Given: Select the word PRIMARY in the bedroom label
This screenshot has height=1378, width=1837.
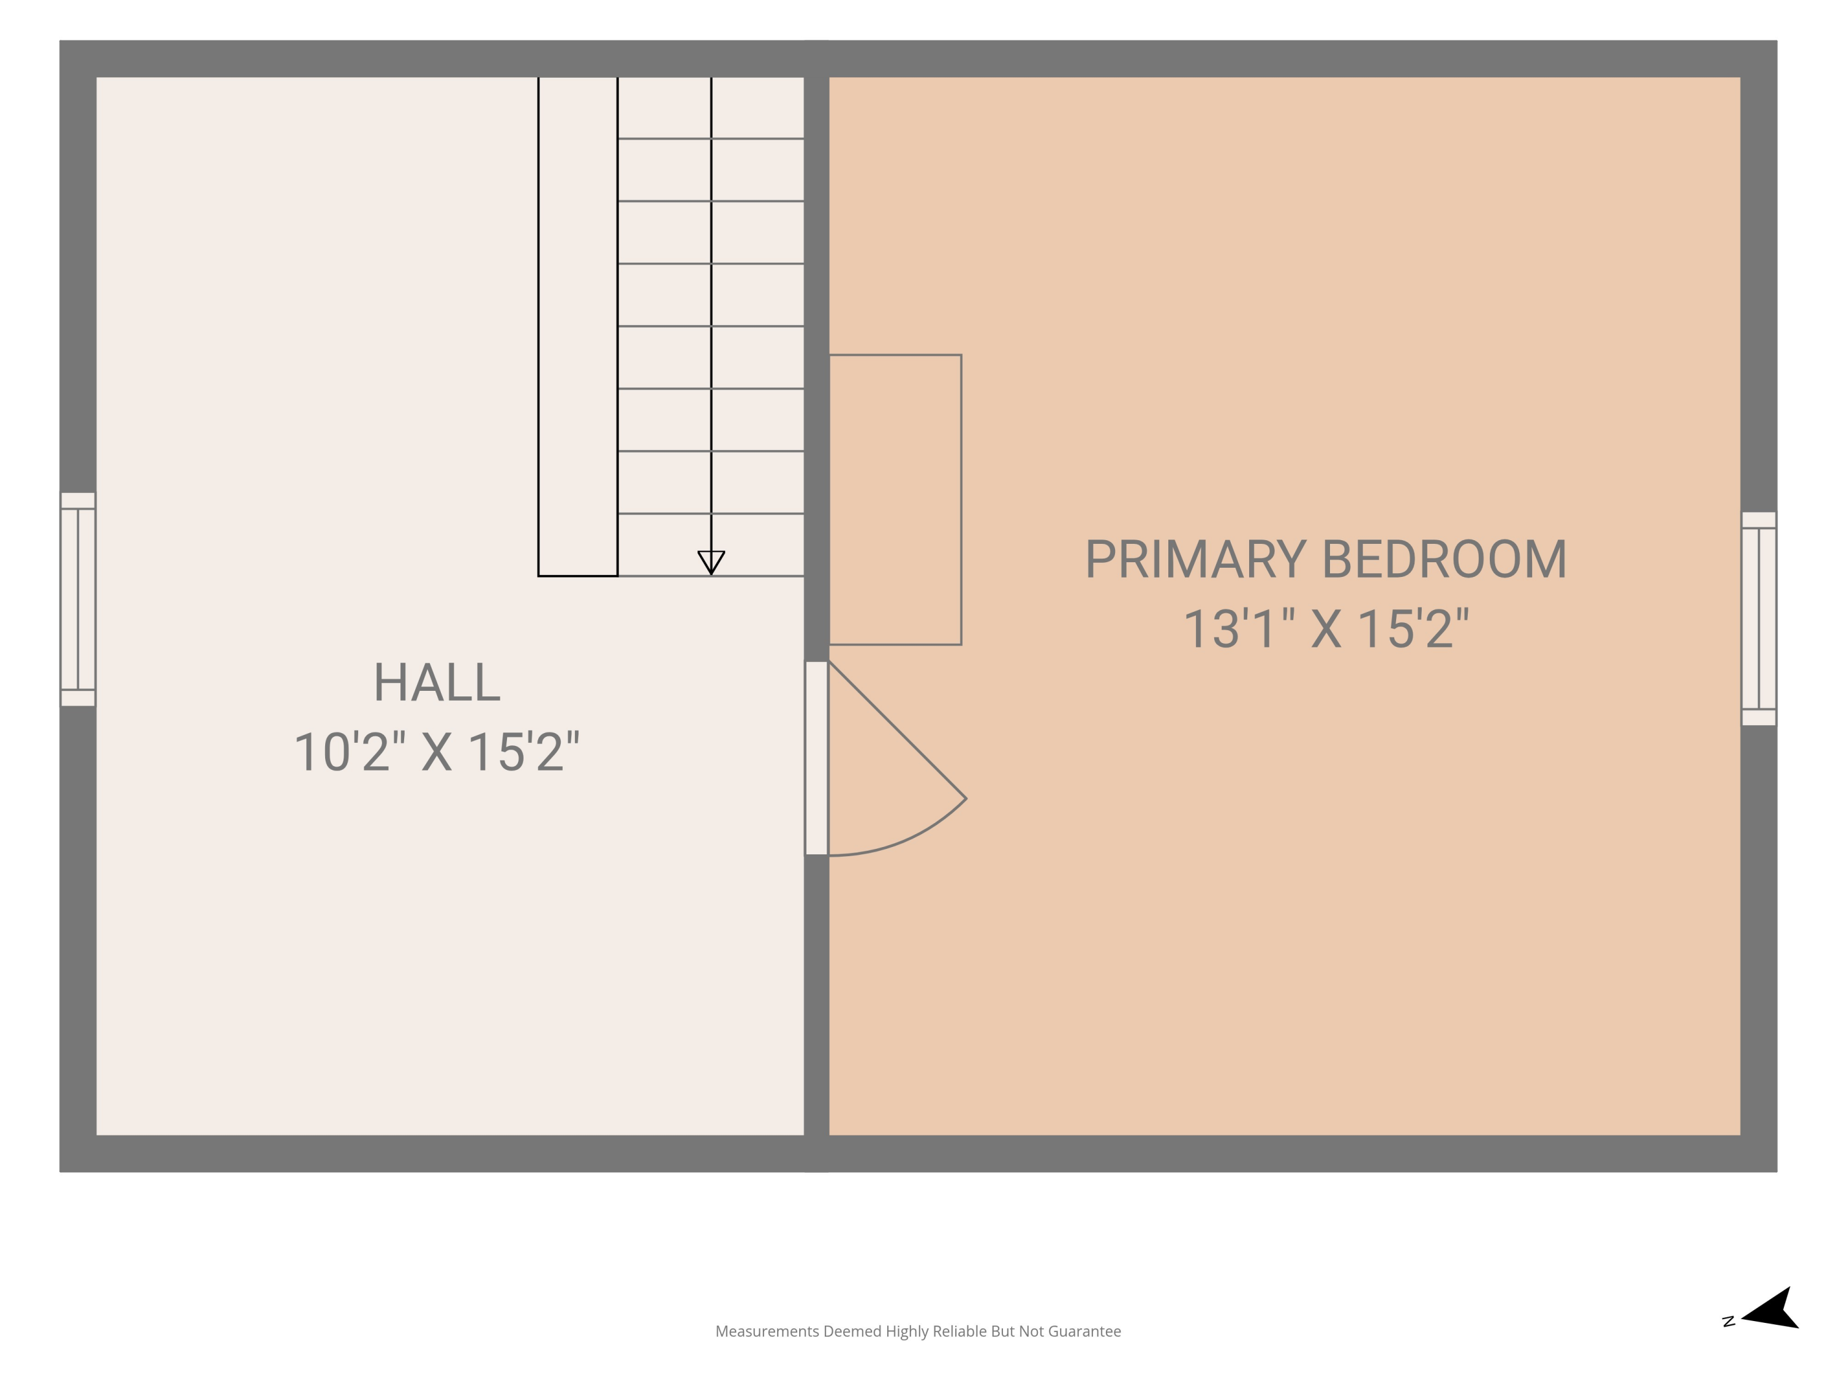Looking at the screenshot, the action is pyautogui.click(x=1196, y=559).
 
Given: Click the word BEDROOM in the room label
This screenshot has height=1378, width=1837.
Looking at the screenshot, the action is pyautogui.click(x=1444, y=559).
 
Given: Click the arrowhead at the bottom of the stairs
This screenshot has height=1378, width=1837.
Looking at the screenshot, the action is pyautogui.click(x=711, y=562).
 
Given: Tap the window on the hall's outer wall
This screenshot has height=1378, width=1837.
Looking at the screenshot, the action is pyautogui.click(x=78, y=599).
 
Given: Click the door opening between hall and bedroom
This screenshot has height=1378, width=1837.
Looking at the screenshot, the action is pyautogui.click(x=816, y=758).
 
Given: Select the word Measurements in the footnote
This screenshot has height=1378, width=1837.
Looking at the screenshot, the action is pyautogui.click(x=767, y=1331).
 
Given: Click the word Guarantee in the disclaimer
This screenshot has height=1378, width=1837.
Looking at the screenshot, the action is pyautogui.click(x=1084, y=1331).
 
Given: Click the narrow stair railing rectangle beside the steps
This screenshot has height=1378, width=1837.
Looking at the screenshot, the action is pyautogui.click(x=578, y=326).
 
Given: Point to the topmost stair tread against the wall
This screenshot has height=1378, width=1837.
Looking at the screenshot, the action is pyautogui.click(x=711, y=108).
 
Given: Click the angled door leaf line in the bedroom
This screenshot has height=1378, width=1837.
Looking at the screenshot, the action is pyautogui.click(x=898, y=730).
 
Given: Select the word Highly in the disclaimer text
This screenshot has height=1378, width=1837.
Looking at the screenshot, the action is pyautogui.click(x=907, y=1331).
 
